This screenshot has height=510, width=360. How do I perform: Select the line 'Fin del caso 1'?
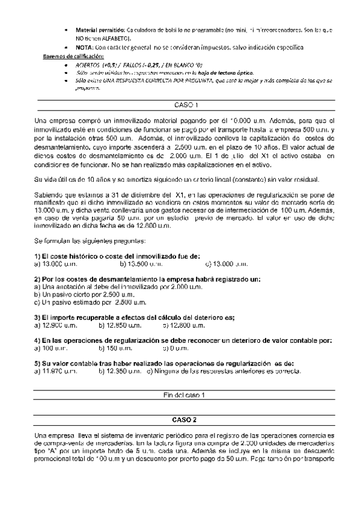[x=180, y=395]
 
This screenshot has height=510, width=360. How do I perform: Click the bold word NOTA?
[x=85, y=47]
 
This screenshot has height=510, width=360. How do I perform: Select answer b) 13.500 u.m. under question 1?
[x=141, y=263]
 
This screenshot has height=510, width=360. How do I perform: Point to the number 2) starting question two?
[x=38, y=279]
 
